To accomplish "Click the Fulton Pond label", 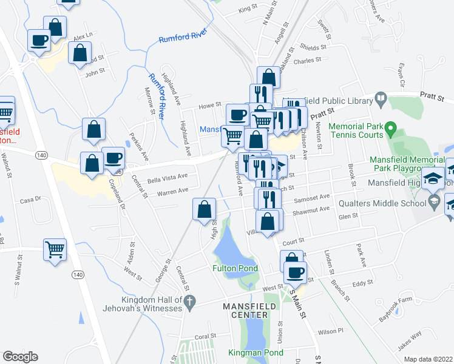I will pos(235,268).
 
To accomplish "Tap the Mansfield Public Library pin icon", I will pos(381,97).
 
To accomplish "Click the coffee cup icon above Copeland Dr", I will pos(113,158).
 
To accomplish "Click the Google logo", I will pos(20,357).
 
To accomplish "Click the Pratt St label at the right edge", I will pos(433,97).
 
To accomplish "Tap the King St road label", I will pos(248,9).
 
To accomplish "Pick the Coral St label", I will pos(205,336).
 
